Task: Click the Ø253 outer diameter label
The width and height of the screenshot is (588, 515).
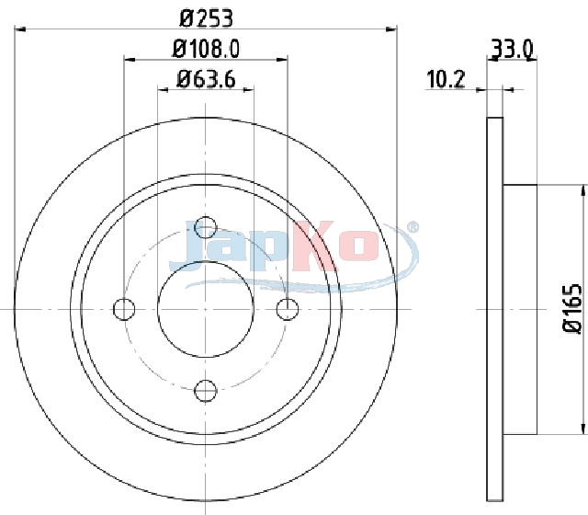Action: coord(206,18)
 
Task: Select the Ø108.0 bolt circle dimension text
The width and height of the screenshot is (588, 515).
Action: coord(206,49)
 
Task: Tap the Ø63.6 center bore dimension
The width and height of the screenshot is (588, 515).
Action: coord(206,79)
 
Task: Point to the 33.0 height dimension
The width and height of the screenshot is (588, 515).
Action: coord(512,49)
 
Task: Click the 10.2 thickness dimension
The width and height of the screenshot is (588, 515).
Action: coord(446,79)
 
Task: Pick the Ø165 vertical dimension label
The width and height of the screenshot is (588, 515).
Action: coord(572,309)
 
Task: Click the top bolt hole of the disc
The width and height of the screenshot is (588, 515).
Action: coord(206,227)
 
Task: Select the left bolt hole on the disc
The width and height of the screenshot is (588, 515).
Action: coord(124,309)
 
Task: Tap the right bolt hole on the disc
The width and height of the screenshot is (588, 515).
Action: coord(288,309)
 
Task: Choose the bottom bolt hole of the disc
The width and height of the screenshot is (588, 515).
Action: coord(206,391)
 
